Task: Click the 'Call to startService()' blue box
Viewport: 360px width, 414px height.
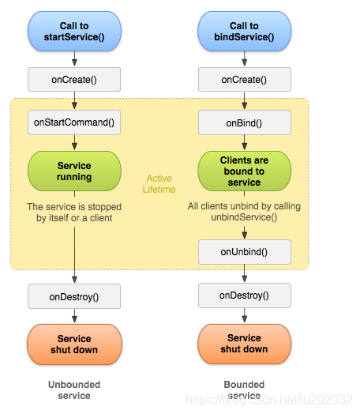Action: point(74,31)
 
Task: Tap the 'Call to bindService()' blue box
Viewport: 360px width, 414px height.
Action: point(244,31)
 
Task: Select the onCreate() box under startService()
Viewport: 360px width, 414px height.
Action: point(74,80)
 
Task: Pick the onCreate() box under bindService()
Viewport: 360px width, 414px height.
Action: point(245,80)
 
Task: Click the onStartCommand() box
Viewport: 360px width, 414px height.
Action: point(74,122)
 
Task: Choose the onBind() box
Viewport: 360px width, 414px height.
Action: point(245,122)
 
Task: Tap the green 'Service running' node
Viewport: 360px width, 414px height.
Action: point(74,171)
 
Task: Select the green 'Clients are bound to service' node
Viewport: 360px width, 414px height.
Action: point(244,171)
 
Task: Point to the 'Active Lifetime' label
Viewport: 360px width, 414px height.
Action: point(159,184)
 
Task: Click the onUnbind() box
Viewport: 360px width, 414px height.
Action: point(245,252)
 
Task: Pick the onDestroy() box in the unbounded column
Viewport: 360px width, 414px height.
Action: point(74,296)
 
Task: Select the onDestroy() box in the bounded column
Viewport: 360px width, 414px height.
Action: point(245,295)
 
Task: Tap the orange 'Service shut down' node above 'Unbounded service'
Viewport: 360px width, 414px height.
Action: point(74,344)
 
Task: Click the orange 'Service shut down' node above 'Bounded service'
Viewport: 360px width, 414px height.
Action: point(244,344)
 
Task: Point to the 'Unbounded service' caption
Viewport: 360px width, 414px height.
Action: point(74,390)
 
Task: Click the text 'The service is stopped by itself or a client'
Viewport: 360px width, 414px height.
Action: point(74,213)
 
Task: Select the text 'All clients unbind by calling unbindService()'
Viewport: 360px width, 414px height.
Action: point(244,212)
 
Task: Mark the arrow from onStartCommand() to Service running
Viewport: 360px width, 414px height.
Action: point(75,142)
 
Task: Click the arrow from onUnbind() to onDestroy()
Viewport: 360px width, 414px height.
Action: point(245,273)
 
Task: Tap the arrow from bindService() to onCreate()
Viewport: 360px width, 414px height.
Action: point(245,59)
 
